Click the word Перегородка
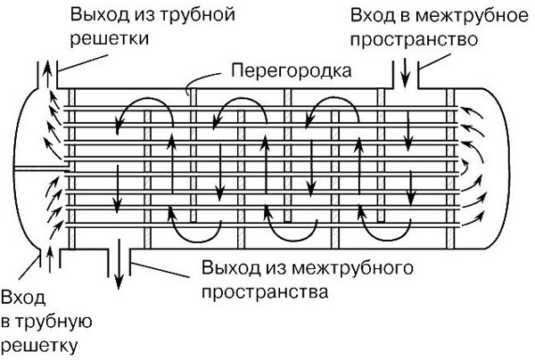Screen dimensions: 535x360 click(292, 71)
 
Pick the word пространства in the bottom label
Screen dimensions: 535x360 click(265, 292)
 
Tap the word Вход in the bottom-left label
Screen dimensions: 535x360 click(23, 298)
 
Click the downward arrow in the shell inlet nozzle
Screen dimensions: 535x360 click(405, 73)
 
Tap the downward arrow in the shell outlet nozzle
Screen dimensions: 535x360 click(119, 264)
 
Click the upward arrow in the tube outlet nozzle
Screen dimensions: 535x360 click(47, 74)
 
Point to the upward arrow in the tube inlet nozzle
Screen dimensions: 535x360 click(50, 260)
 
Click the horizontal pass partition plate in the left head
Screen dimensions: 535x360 click(42, 168)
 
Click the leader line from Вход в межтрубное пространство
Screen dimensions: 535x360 click(434, 61)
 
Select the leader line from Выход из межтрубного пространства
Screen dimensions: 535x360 click(160, 270)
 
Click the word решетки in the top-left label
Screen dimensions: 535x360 click(110, 39)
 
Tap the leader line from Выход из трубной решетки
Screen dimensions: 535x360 click(85, 62)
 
